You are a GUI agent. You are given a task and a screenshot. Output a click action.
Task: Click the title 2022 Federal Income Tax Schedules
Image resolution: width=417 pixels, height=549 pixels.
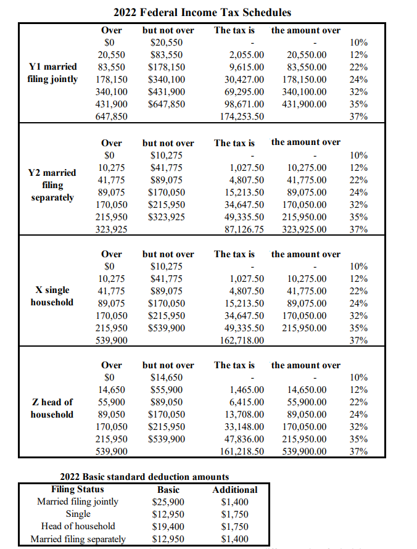202,12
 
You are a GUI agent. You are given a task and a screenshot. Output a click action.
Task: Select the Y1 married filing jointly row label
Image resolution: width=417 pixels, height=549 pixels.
53,73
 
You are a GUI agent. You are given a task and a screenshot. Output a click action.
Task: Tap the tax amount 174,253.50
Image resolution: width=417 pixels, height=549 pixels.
242,117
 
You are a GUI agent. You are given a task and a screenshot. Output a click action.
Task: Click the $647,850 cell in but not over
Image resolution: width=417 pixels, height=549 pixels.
168,104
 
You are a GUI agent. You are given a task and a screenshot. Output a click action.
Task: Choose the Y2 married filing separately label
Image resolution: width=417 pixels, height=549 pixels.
52,185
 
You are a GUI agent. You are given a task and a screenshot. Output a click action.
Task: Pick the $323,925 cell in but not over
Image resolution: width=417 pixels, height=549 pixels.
168,217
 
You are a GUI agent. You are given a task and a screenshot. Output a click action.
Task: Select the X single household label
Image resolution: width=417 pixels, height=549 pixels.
52,296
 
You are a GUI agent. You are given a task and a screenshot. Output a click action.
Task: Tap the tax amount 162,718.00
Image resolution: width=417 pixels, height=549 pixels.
242,341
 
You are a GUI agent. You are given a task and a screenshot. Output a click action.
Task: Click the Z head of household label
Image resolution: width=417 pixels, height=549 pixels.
52,408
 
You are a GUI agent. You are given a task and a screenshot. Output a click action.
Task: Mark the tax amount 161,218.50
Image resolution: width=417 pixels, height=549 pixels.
242,452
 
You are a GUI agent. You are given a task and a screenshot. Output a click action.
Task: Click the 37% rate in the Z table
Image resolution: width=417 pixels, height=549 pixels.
358,452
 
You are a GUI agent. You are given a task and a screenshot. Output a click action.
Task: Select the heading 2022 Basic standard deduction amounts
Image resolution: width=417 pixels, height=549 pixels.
144,477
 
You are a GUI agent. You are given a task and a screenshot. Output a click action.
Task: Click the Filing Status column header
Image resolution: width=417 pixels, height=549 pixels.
78,490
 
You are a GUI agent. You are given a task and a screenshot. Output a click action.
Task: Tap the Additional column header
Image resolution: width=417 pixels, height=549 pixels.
235,490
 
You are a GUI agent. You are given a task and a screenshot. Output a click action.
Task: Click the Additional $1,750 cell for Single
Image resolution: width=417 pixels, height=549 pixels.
235,514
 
